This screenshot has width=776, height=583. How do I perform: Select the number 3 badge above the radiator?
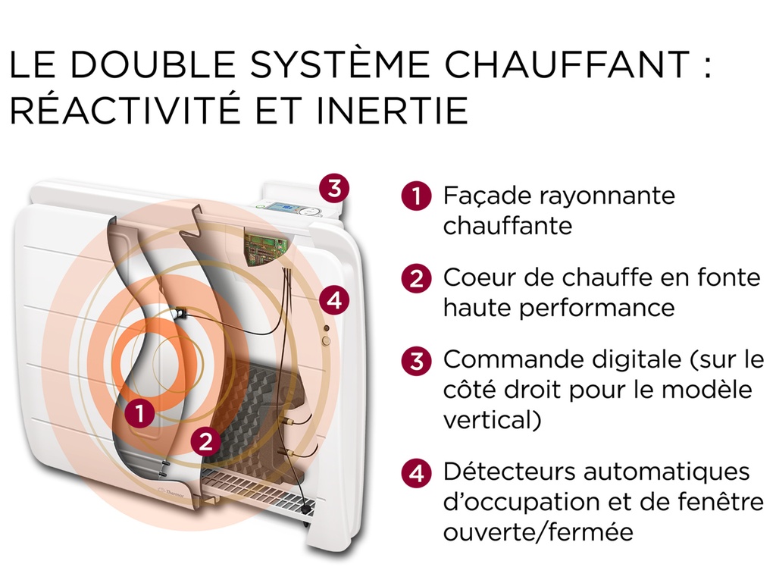click(x=334, y=186)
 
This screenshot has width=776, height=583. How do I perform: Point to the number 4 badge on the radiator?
click(x=334, y=301)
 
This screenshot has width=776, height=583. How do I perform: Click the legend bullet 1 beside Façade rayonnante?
click(x=416, y=196)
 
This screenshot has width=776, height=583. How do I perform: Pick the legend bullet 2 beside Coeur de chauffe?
click(x=416, y=278)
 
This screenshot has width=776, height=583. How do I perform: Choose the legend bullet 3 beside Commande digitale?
click(x=416, y=360)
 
